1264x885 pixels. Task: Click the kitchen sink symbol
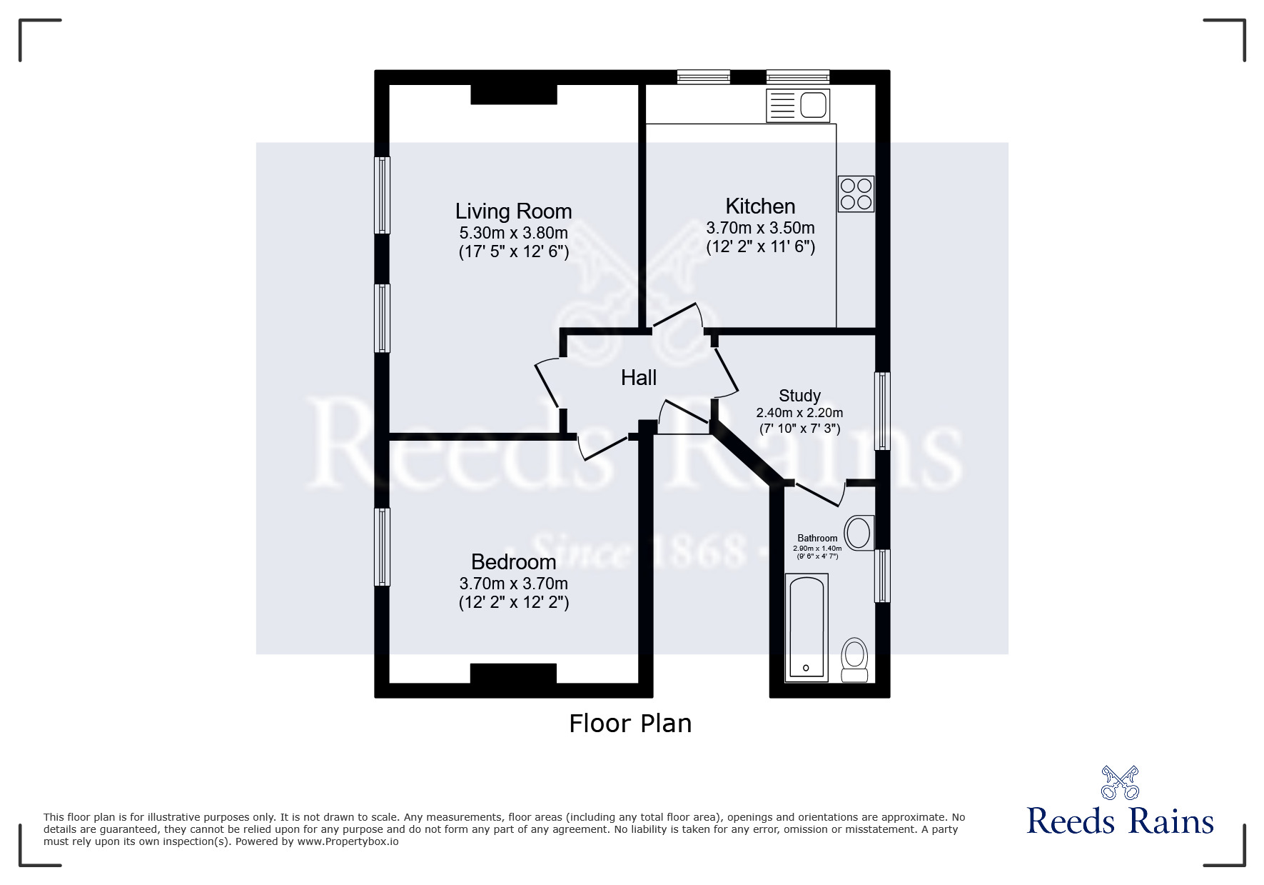coord(797,106)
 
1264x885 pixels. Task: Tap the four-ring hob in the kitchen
coord(856,194)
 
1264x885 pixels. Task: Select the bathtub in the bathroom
coord(806,627)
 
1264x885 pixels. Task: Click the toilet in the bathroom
coord(854,660)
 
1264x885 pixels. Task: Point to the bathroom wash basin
coord(859,533)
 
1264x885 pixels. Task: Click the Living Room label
coord(513,211)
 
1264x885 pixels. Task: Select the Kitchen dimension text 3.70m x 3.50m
coord(760,229)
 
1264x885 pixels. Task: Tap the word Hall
coord(638,378)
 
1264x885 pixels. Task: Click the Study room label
coord(799,396)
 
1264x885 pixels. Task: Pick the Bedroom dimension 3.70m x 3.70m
coord(513,584)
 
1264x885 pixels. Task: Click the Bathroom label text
coord(817,539)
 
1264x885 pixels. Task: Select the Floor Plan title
coord(630,724)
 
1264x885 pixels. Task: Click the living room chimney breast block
coord(513,94)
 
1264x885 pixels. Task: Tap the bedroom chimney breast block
coord(513,673)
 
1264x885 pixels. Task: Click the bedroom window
coord(383,547)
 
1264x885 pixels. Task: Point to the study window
coord(883,411)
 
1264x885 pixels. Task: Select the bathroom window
coord(883,576)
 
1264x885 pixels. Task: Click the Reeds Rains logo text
coord(1120,821)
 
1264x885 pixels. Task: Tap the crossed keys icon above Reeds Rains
coord(1120,782)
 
